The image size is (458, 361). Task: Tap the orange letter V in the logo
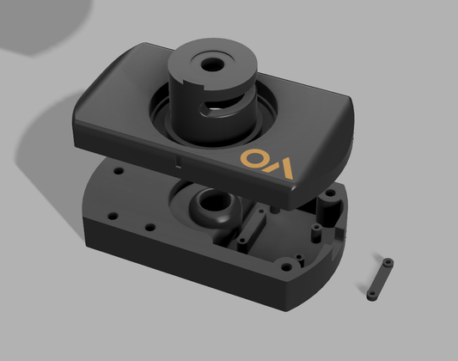click(284, 167)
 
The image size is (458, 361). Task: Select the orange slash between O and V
click(270, 163)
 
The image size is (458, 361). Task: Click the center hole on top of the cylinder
click(210, 64)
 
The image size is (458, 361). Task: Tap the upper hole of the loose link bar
click(388, 261)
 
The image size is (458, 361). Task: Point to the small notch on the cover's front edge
click(177, 159)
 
